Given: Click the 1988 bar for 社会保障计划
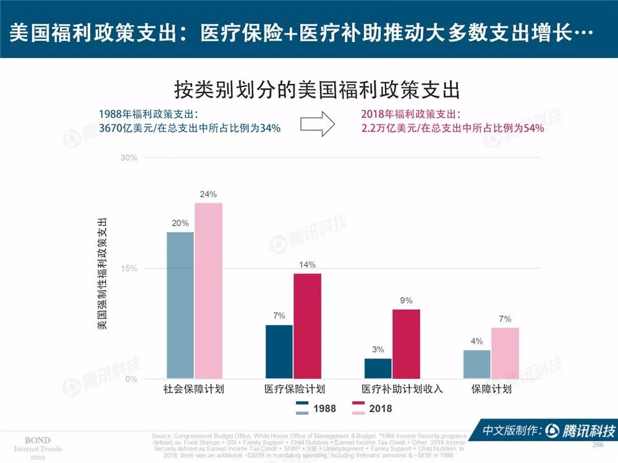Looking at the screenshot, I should [180, 306].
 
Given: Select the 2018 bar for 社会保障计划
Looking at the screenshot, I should [208, 291].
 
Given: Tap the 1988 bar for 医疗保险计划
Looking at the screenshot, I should [279, 352].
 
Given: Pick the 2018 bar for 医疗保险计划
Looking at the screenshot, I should [307, 326].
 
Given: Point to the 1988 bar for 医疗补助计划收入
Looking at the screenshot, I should [378, 369].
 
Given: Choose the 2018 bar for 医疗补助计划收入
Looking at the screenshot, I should [406, 344].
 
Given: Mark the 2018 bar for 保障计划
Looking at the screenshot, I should [505, 353].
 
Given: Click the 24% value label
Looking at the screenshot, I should [208, 194].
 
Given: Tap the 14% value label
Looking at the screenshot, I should [307, 265].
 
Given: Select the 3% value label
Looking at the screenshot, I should [378, 350].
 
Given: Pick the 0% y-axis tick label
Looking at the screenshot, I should [130, 379].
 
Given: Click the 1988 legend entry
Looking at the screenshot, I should [316, 409].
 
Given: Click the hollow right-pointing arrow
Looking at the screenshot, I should [317, 123].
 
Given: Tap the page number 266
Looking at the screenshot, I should [598, 445].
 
